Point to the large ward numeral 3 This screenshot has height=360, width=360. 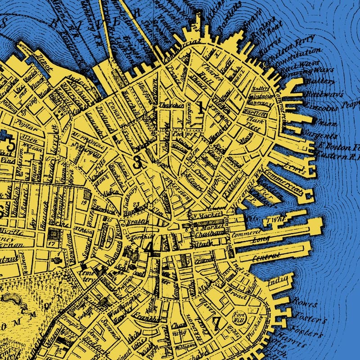tap(137, 162)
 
